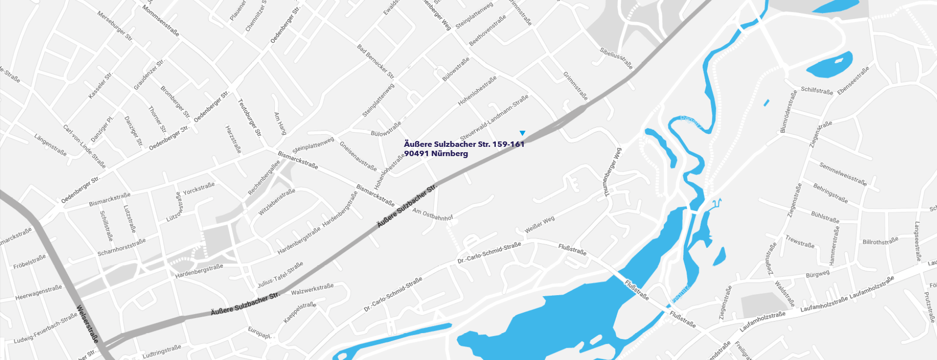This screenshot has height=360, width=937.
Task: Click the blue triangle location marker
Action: (522, 133)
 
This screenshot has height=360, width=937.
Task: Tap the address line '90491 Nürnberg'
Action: (436, 154)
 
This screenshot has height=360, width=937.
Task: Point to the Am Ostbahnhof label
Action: (432, 214)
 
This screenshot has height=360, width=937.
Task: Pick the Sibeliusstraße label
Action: (616, 58)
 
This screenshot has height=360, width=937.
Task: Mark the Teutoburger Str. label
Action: (249, 118)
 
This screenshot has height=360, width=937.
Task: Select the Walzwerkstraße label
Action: (312, 289)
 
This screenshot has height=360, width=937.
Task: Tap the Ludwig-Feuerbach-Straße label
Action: (45, 328)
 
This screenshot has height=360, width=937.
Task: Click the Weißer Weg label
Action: (539, 224)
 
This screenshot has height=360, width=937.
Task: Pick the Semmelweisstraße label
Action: (843, 174)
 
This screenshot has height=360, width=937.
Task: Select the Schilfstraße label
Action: (817, 91)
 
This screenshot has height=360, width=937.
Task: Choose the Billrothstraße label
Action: (880, 241)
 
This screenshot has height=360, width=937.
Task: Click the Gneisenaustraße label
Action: (358, 156)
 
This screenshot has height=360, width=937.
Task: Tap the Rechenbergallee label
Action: (264, 178)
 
